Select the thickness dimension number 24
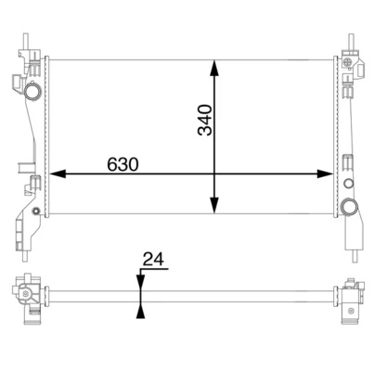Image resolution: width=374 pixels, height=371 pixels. (x=153, y=260)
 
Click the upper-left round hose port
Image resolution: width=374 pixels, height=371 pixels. (x=33, y=93)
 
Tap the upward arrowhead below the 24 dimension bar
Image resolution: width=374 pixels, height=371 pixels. (x=139, y=311)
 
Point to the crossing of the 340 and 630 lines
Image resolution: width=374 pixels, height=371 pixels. (x=215, y=173)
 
